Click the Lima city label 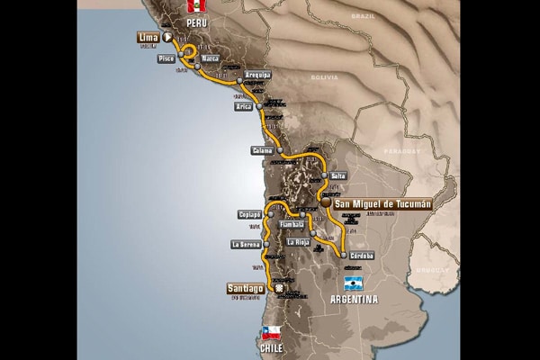click(x=148, y=38)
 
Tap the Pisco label click(x=166, y=58)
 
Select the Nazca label click(x=211, y=58)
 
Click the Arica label click(x=243, y=107)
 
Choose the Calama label click(x=262, y=149)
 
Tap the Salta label click(x=338, y=175)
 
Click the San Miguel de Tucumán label click(x=382, y=204)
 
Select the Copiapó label click(x=249, y=215)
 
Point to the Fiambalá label click(x=292, y=223)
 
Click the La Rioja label click(x=299, y=242)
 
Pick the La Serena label click(x=245, y=244)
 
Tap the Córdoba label click(x=362, y=255)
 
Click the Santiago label click(x=246, y=289)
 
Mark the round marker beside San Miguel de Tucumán click(x=323, y=203)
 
